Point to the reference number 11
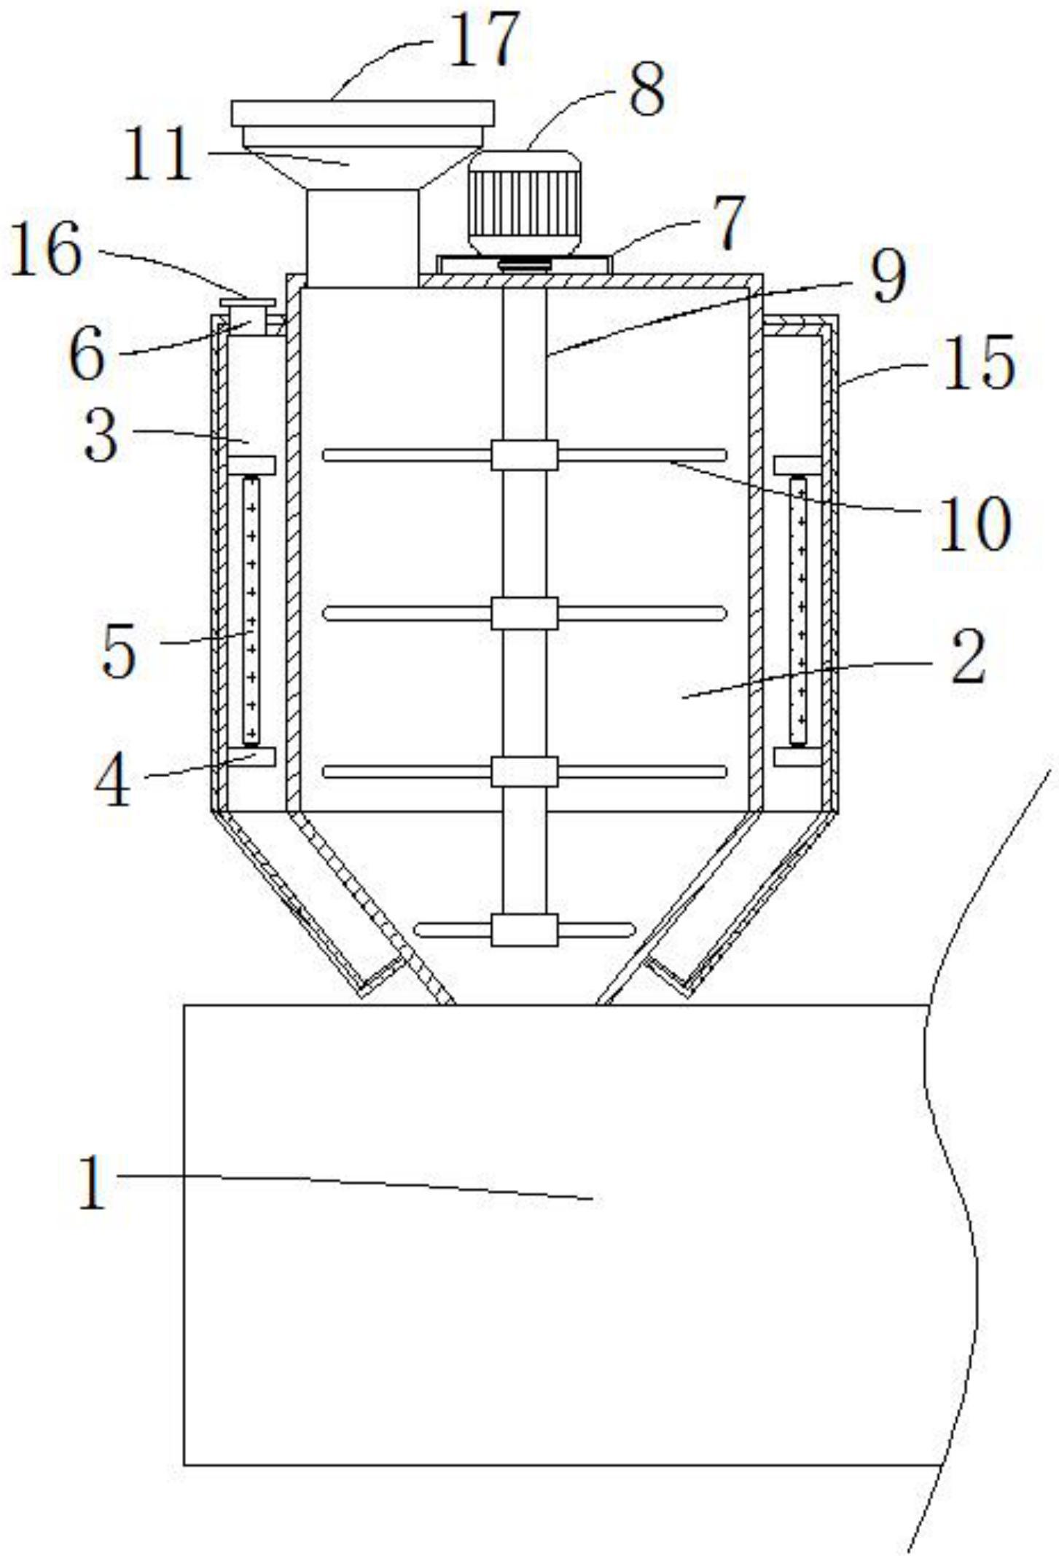(158, 155)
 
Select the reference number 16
(45, 250)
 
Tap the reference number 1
(93, 1184)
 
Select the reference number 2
(968, 658)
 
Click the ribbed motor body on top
(524, 203)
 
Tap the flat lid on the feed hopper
(362, 114)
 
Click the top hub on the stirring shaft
(524, 455)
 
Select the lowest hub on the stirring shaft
(524, 930)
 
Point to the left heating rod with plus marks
(251, 610)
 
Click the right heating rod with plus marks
(799, 610)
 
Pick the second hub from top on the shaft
(524, 613)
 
